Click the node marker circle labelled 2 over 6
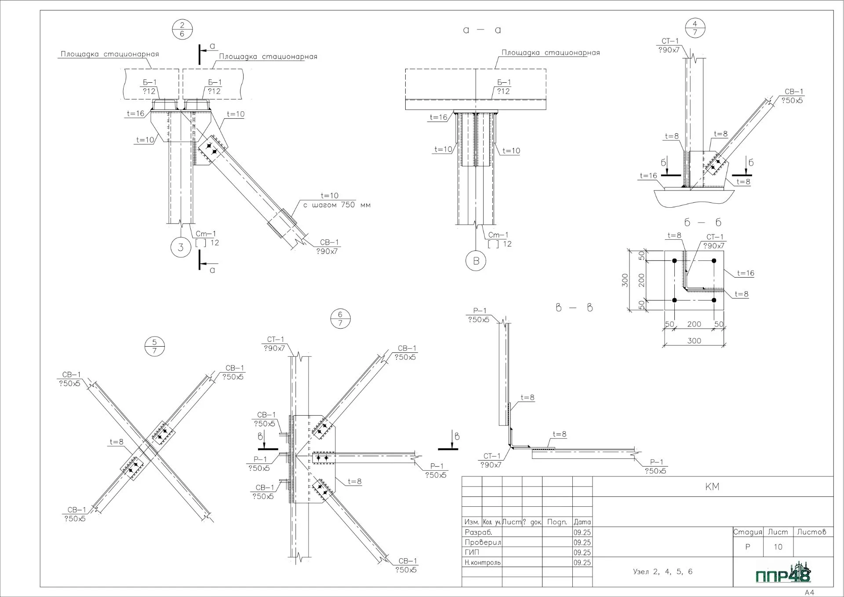point(182,29)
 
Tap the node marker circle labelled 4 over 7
point(695,28)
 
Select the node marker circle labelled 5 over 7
point(154,347)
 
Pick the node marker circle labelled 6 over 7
point(340,319)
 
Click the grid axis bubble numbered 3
point(181,247)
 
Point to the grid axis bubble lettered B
point(476,261)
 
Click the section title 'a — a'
point(482,30)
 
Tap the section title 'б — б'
point(703,223)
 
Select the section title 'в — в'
point(574,308)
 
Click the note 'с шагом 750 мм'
point(337,205)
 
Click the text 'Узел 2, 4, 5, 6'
point(662,571)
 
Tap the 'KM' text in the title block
point(712,487)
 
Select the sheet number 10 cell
point(778,547)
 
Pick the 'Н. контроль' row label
point(483,562)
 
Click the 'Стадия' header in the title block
point(748,532)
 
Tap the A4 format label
point(809,592)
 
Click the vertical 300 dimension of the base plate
point(625,280)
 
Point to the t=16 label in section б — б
point(746,273)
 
